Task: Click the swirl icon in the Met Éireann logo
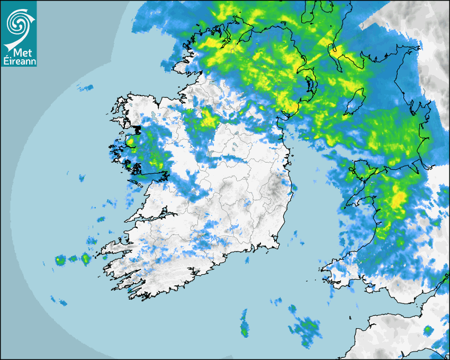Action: (x=18, y=23)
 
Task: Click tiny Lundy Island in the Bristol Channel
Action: (x=350, y=317)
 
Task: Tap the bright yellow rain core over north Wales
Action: (x=398, y=199)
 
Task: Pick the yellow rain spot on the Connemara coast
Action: (x=130, y=142)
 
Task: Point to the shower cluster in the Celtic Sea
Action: (x=306, y=328)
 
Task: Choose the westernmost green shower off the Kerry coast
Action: (x=60, y=260)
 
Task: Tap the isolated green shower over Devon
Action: (x=427, y=330)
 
